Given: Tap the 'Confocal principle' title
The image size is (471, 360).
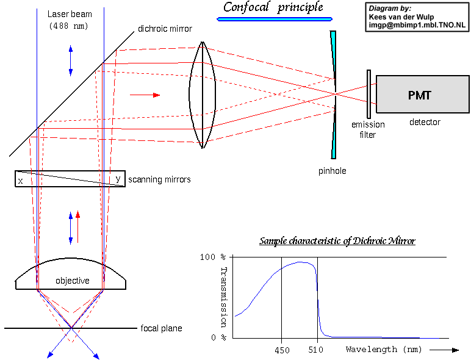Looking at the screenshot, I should (273, 7).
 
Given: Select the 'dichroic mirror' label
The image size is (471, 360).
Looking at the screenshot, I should (165, 29).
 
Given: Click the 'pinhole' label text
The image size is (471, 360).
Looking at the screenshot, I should (332, 171).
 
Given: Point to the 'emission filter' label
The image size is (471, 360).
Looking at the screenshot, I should (368, 129).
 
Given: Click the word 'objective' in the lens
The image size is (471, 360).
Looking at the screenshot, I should (73, 281).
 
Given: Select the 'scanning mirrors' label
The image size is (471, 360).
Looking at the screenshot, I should (159, 179).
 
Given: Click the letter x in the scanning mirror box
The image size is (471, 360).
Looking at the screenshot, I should (21, 181).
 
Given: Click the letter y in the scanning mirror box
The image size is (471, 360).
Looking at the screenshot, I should (118, 179).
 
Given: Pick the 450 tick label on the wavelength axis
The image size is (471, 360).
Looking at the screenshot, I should (281, 350).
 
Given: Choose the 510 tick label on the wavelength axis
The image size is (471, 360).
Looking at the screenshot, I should (315, 350).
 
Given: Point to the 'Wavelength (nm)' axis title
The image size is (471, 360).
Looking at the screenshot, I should (383, 350).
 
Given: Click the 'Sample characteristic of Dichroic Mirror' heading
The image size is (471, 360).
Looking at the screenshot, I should (337, 241).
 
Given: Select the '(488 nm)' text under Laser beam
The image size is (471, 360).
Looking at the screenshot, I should (68, 26).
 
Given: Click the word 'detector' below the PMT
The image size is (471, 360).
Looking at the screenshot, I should (425, 122).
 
